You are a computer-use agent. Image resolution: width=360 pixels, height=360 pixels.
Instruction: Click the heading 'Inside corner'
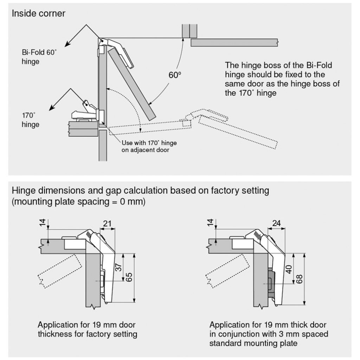tap(38, 14)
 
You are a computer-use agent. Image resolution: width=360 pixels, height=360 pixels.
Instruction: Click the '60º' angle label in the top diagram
tap(174, 75)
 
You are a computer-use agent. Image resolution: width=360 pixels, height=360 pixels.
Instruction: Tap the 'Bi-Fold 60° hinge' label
tap(39, 57)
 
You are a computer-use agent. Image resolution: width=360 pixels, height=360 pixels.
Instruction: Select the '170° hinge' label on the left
tap(30, 120)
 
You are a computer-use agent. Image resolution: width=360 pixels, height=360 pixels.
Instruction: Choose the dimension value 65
tap(130, 277)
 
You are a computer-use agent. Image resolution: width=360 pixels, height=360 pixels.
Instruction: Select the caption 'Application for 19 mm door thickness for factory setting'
tap(87, 329)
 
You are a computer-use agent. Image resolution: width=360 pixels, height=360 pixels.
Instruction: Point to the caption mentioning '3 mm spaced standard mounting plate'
tap(269, 334)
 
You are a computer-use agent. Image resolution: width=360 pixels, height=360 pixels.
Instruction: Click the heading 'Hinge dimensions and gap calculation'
tap(140, 191)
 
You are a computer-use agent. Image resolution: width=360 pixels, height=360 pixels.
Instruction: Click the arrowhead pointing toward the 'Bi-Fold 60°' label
tap(66, 45)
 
